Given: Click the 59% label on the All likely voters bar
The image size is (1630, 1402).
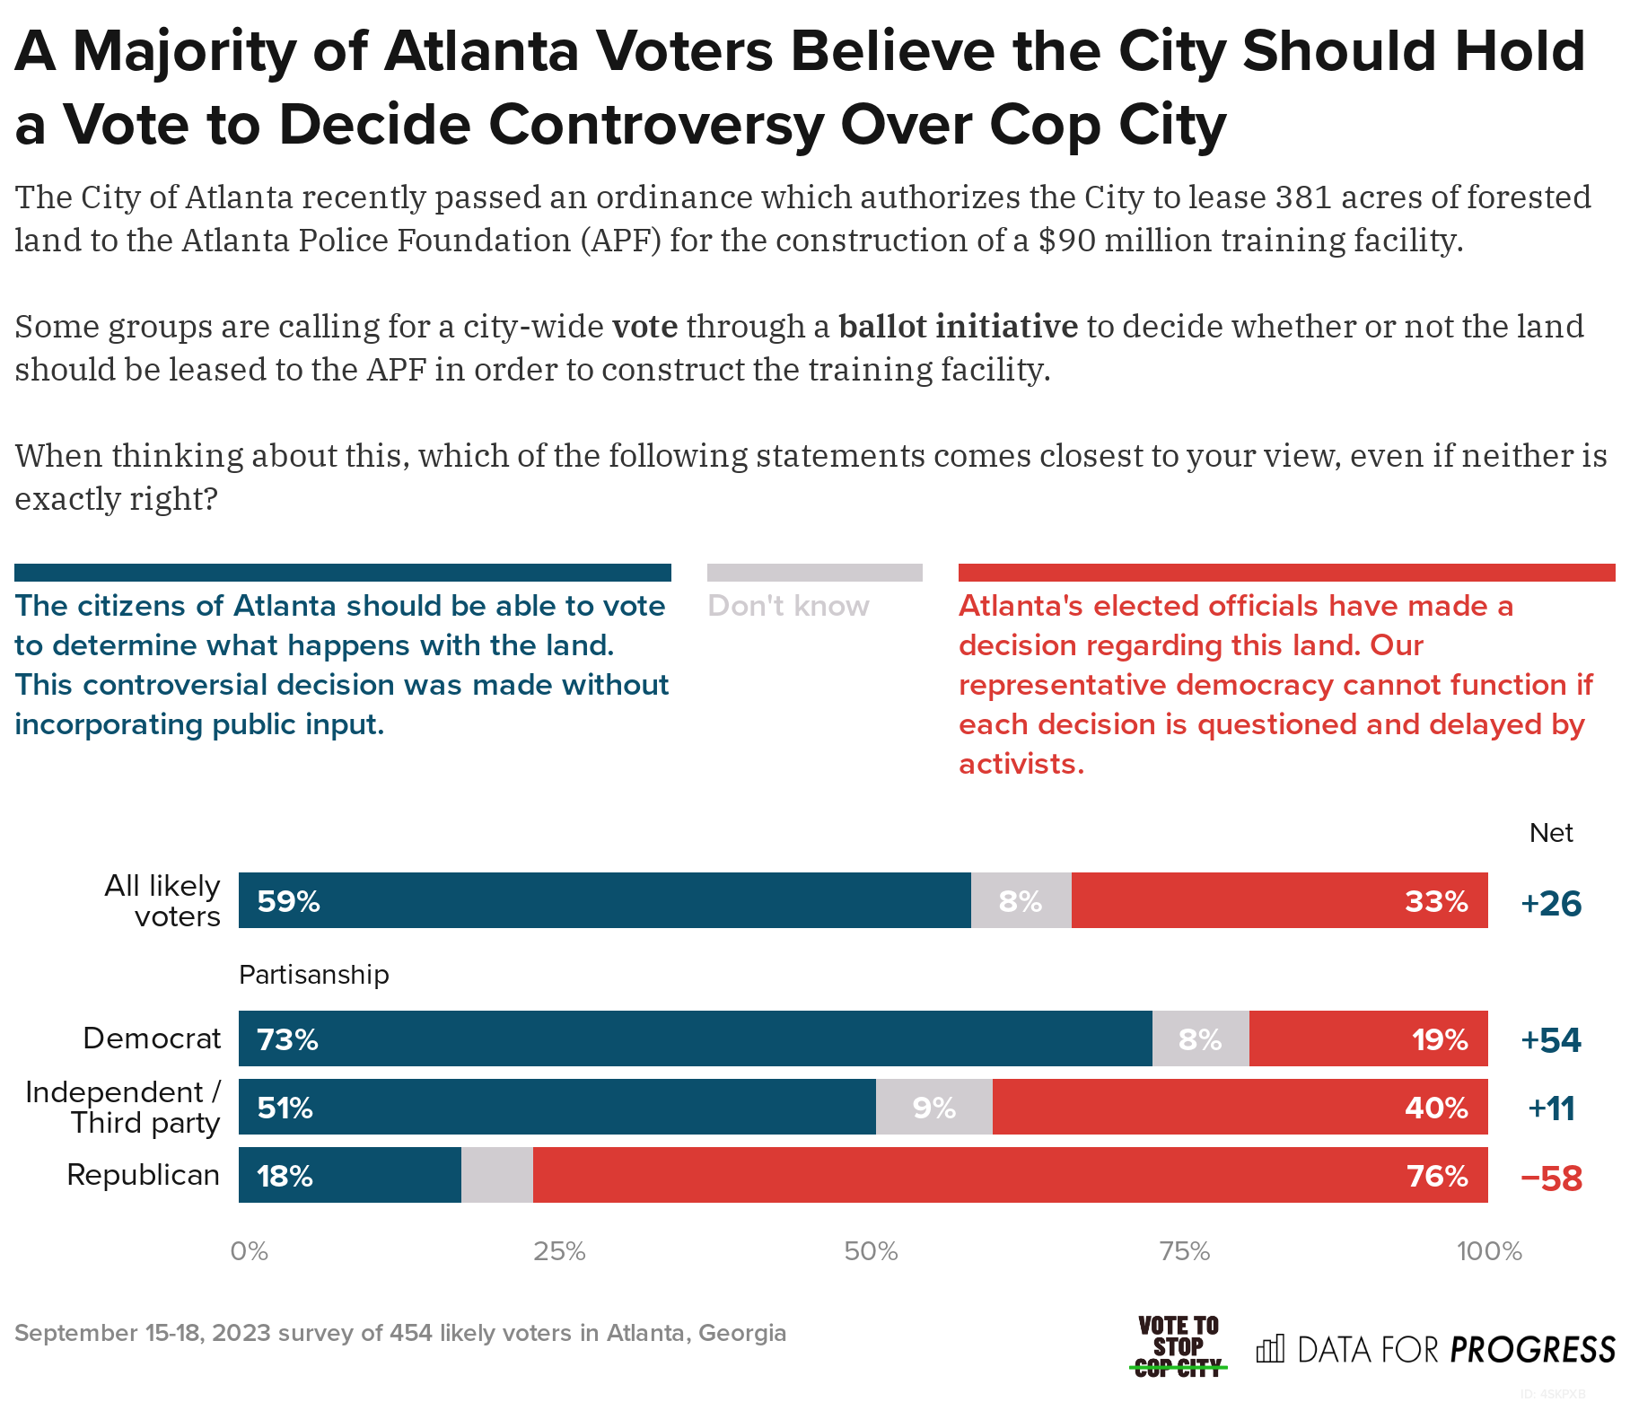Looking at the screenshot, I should [x=288, y=901].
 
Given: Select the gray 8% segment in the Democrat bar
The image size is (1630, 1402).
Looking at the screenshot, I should [x=1200, y=1039].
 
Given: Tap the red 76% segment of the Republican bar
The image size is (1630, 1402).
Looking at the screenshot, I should [x=1010, y=1176].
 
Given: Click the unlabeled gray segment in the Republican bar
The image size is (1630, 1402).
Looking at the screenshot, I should [x=496, y=1176].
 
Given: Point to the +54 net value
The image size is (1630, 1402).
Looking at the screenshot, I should [x=1550, y=1039].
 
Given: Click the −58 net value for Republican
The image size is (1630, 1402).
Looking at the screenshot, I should [x=1550, y=1178].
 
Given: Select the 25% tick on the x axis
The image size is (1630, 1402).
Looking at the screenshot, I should [x=559, y=1251].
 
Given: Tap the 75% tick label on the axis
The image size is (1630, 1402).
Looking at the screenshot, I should [x=1185, y=1251].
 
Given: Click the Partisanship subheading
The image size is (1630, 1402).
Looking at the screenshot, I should [x=313, y=975].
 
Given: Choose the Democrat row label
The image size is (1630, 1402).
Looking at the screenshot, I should [x=152, y=1038].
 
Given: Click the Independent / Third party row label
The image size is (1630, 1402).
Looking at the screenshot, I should [x=123, y=1108].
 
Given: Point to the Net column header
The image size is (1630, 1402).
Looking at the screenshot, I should [x=1550, y=833].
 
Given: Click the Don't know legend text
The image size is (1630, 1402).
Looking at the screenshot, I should [x=788, y=606].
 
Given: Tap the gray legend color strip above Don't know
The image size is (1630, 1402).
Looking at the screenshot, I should [x=814, y=573].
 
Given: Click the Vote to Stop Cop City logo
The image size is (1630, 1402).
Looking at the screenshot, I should [x=1178, y=1346].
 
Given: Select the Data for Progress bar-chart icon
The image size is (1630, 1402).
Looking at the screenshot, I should [x=1269, y=1348].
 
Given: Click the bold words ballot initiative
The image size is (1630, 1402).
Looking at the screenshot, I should [x=958, y=327].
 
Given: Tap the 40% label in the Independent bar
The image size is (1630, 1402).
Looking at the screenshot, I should [x=1436, y=1108].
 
